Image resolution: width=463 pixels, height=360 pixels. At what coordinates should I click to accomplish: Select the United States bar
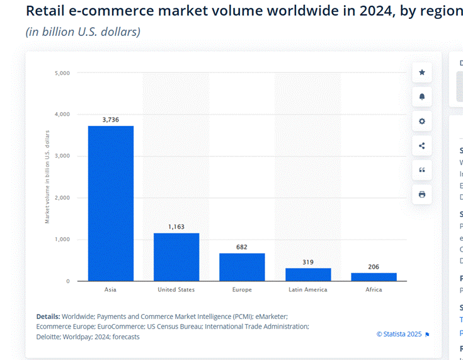pos(176,257)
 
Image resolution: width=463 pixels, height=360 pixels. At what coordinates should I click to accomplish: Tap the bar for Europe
pos(242,267)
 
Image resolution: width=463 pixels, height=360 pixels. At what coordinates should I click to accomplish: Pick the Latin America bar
pos(308,274)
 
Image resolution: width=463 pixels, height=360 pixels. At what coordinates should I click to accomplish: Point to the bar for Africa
pos(374,277)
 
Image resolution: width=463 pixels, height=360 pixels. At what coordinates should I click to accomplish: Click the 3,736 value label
pos(111,119)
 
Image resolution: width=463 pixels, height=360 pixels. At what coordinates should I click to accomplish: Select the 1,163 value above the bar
pos(176,226)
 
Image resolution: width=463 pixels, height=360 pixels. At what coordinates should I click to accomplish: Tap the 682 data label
pos(242,247)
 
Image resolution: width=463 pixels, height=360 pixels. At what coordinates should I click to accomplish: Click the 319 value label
pos(308,262)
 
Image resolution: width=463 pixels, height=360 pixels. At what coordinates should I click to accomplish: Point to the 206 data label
pos(374,267)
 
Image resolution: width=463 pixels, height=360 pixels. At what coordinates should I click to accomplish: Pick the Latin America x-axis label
pos(308,290)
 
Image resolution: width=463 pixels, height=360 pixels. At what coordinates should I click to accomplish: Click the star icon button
pos(422,73)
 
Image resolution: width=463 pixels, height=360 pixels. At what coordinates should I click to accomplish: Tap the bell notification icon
pos(422,96)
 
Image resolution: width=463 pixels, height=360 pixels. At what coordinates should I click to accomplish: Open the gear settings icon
pos(422,121)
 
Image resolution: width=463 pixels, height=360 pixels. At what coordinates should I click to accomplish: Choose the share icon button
pos(422,146)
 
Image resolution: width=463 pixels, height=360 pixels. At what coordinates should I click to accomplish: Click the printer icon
pos(422,194)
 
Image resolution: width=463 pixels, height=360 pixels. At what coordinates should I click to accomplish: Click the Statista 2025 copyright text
pos(400,334)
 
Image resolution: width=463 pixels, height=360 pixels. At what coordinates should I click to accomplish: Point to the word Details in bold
pos(48,316)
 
